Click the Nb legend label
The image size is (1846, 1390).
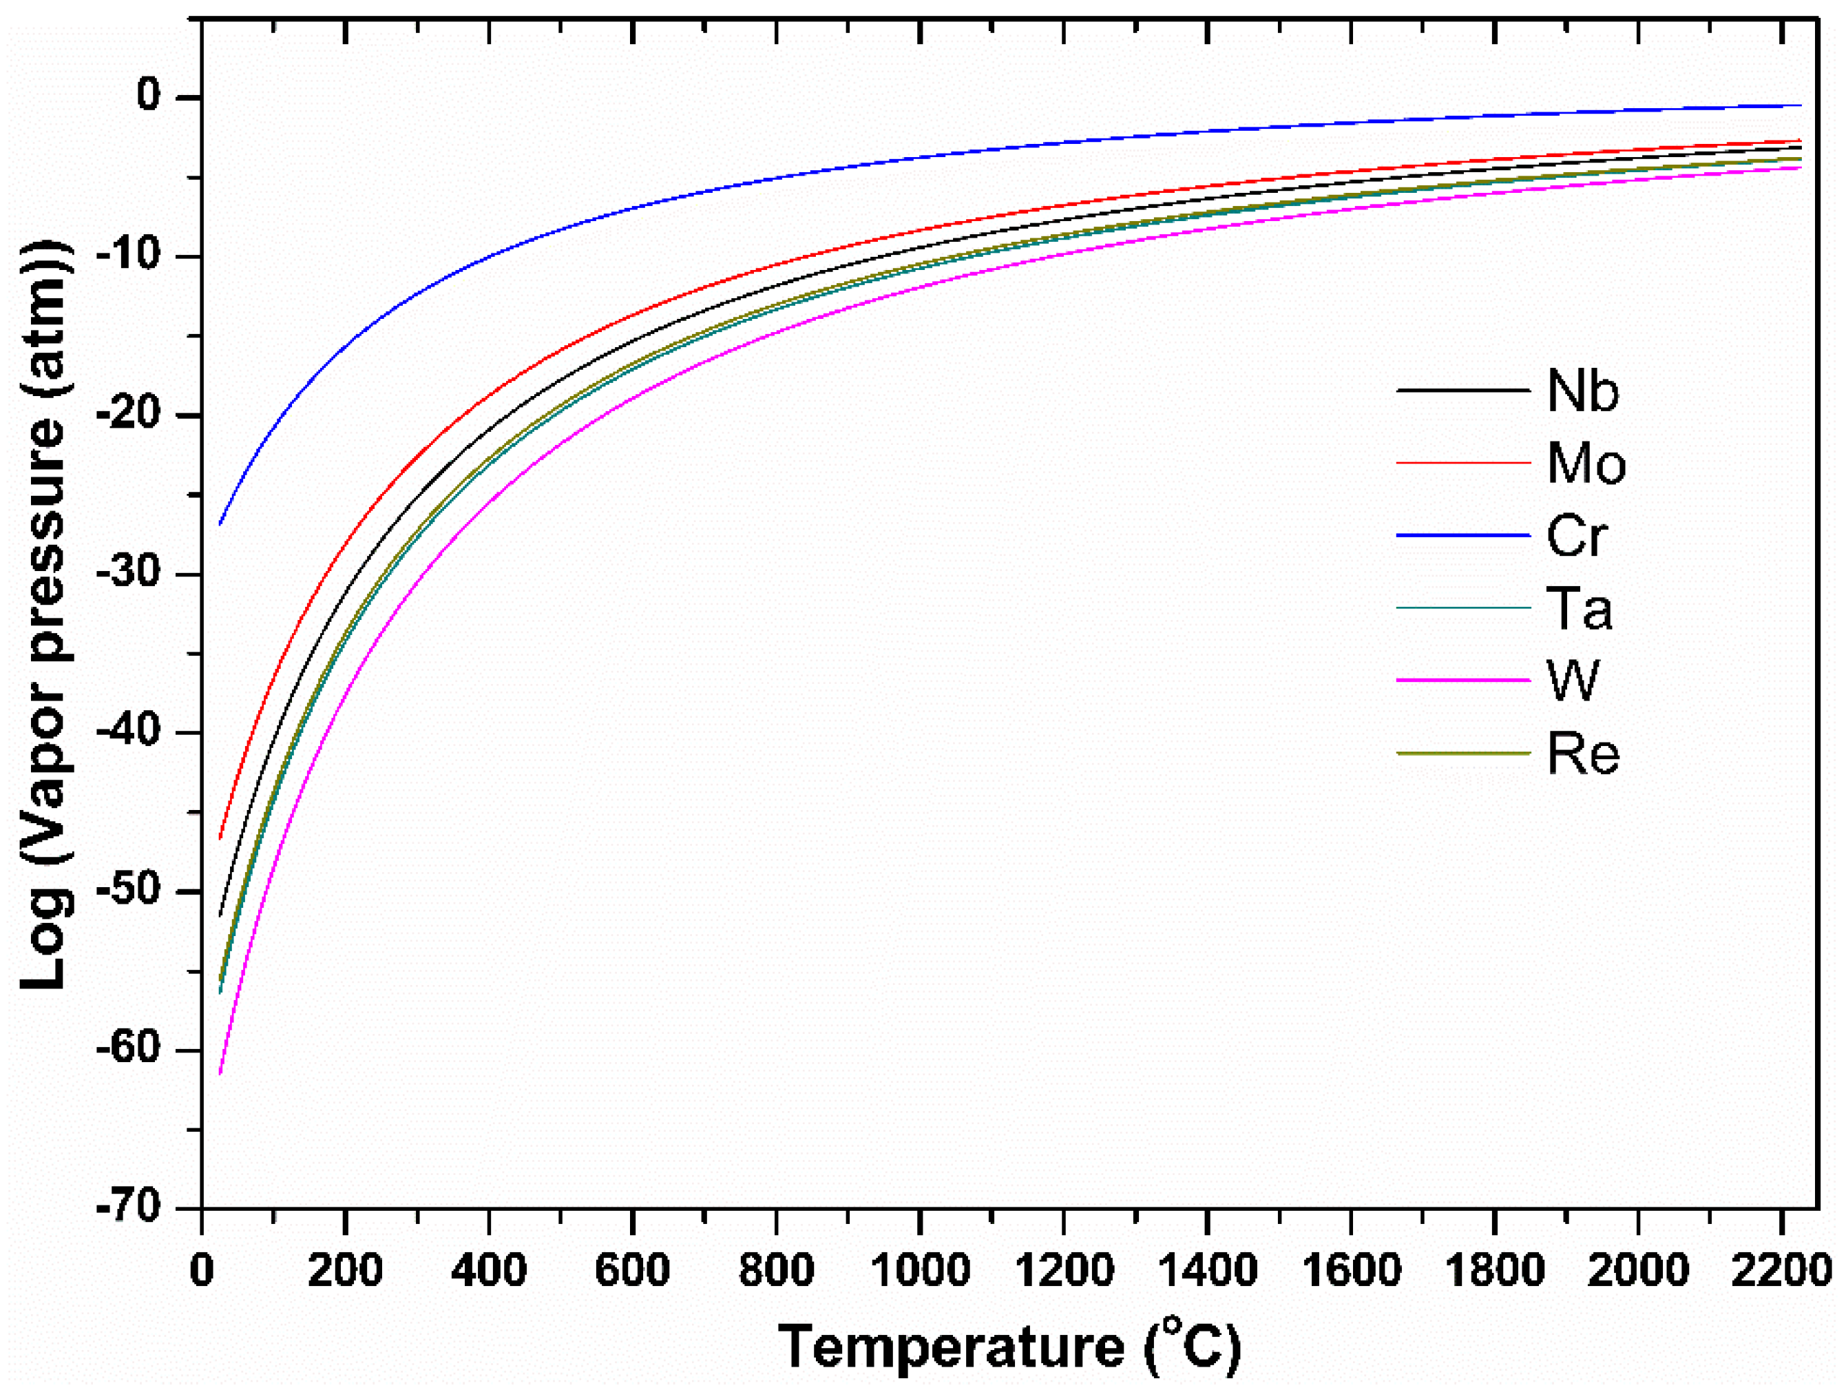coord(1582,391)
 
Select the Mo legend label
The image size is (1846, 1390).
coord(1586,464)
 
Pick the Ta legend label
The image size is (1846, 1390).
coord(1579,609)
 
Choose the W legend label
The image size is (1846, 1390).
coord(1572,681)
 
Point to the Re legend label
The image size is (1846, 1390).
coord(1582,754)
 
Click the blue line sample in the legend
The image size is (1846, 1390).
coord(1463,535)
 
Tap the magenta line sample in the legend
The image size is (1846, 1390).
coord(1463,681)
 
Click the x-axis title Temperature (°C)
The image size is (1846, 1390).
coord(1010,1346)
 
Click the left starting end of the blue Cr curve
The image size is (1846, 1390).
coord(220,523)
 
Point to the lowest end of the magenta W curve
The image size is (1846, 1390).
coord(220,1072)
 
